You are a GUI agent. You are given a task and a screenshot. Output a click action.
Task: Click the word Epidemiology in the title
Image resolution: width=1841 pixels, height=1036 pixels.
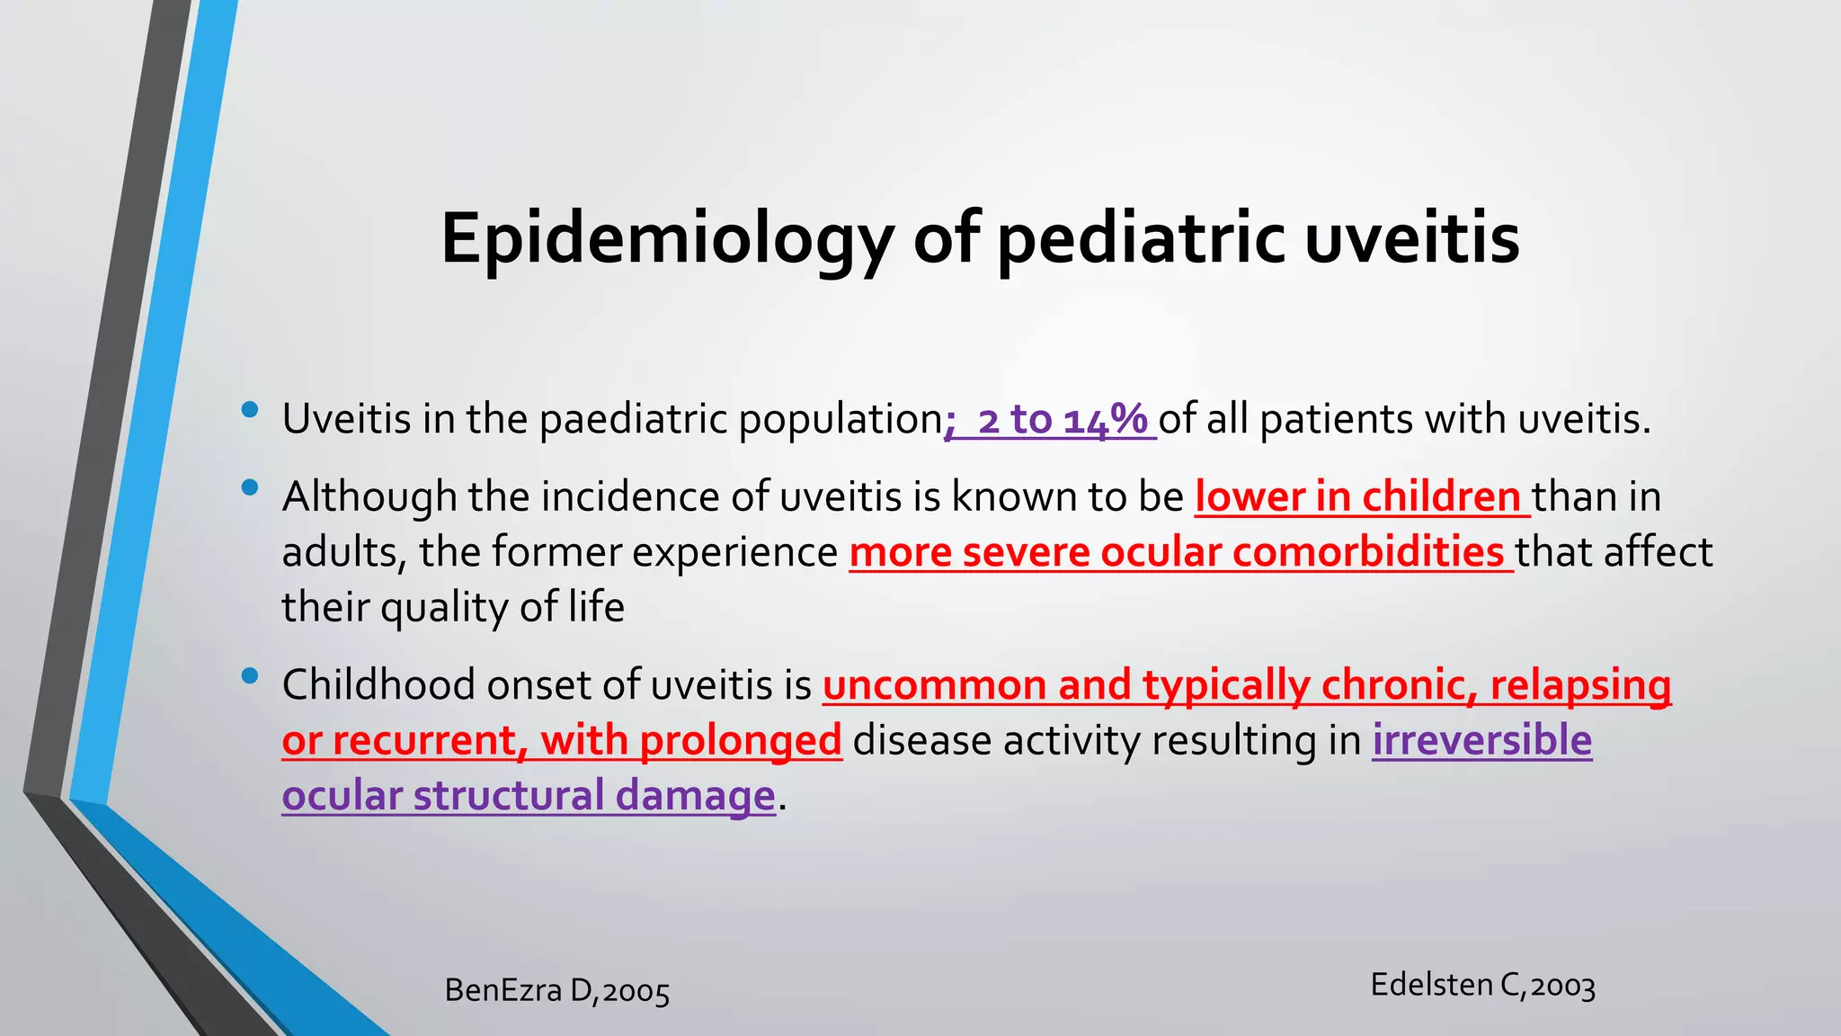666,239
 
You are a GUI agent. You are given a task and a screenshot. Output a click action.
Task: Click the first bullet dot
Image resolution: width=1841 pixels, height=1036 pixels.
250,411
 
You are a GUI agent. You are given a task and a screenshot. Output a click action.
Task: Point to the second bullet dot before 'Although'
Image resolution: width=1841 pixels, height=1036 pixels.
250,488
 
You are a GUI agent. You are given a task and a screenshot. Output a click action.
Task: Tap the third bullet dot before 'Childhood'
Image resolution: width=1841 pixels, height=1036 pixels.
250,675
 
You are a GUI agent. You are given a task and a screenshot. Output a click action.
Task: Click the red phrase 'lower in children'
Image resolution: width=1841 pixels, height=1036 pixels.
1357,497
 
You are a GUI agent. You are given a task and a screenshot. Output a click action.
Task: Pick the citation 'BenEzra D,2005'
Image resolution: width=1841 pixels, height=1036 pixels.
557,991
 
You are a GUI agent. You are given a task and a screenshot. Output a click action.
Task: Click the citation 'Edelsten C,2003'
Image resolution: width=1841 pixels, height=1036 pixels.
1482,986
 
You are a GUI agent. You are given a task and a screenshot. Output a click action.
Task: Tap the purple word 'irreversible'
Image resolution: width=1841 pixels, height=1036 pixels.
1481,741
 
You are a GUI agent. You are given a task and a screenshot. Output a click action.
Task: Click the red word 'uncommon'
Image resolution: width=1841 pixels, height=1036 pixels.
934,685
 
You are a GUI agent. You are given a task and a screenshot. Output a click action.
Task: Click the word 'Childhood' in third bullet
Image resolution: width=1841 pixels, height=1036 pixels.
378,685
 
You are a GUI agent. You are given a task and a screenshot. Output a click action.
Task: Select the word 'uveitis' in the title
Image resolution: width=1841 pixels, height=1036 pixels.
1411,239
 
